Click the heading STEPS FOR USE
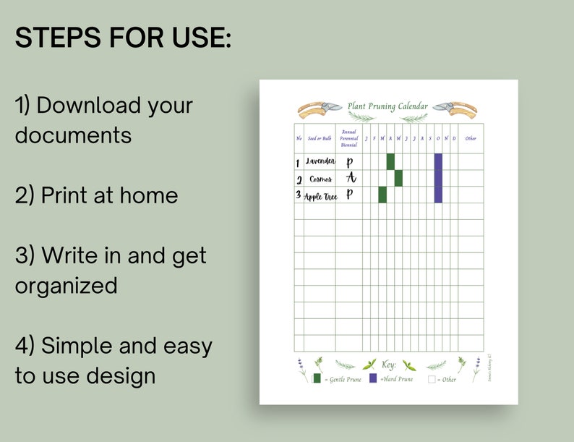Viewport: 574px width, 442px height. tap(123, 38)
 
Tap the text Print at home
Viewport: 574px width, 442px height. tap(96, 195)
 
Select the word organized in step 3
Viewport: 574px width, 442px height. tap(66, 285)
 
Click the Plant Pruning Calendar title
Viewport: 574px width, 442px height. tap(387, 106)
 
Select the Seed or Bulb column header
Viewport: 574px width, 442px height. tap(320, 138)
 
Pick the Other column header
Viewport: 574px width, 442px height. tap(471, 138)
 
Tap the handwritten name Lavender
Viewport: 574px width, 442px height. tap(320, 161)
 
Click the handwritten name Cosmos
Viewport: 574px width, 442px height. tap(320, 179)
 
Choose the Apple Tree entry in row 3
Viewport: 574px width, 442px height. tap(320, 196)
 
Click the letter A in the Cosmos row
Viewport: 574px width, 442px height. tap(351, 178)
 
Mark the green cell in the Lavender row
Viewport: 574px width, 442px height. tap(390, 161)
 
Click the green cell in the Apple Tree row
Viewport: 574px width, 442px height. tap(382, 195)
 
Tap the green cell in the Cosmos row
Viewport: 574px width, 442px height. tap(398, 178)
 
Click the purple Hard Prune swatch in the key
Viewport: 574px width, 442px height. tap(373, 378)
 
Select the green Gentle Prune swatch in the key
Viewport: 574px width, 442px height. tap(317, 378)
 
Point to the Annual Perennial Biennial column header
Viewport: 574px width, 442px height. tap(349, 138)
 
